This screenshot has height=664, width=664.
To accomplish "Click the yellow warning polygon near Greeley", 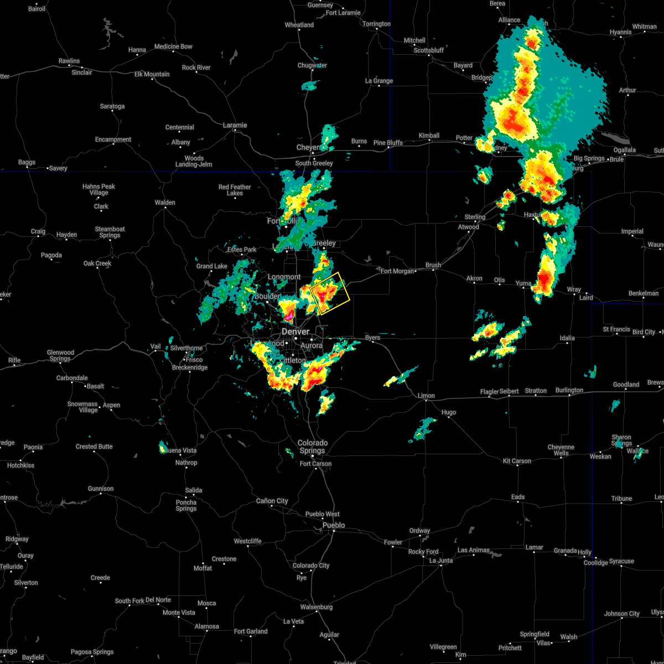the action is tap(330, 293).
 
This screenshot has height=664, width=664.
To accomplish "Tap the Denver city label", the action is tap(295, 331).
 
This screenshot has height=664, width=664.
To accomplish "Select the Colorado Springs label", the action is tap(313, 447).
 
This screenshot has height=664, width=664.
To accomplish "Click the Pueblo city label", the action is tap(334, 525).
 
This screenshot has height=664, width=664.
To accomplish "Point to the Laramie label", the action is tap(235, 125).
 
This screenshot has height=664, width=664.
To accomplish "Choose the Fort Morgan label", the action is tap(397, 271).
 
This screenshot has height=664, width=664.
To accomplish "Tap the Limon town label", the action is tap(426, 396).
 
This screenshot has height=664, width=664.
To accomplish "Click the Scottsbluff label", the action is tap(429, 50).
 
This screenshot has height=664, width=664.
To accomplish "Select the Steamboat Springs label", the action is tap(110, 232).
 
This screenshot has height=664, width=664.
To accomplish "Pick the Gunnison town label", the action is tap(101, 489).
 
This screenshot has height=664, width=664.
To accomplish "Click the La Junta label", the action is tap(441, 561).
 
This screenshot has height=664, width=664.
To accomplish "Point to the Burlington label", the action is tap(569, 390).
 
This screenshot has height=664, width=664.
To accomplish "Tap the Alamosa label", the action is tap(207, 626).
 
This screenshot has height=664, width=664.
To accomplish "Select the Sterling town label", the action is tap(475, 217).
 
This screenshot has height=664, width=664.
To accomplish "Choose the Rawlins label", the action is tap(69, 61).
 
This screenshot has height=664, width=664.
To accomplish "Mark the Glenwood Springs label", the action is tap(60, 356).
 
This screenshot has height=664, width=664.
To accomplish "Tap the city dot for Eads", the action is tap(518, 502).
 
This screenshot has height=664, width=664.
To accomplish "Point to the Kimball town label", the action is tap(429, 136).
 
